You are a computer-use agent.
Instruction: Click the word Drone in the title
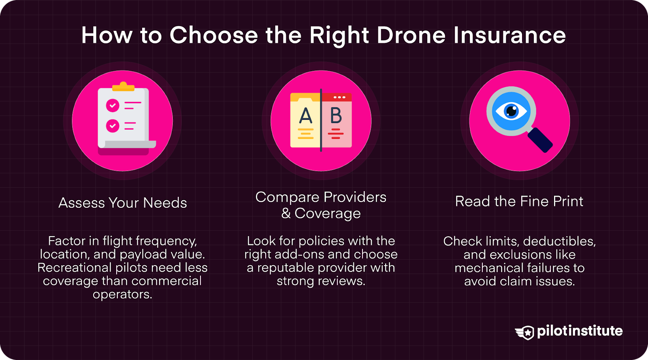(411, 35)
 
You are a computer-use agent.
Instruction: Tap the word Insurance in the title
(509, 35)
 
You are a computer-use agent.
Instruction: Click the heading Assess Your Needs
(123, 202)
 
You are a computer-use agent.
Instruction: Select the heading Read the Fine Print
(519, 201)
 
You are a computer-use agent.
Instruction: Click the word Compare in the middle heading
(287, 197)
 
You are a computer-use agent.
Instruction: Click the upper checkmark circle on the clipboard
(113, 106)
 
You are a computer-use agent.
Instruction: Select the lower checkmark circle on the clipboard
(113, 126)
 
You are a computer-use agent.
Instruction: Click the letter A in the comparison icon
(306, 116)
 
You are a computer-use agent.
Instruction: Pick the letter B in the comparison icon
(336, 116)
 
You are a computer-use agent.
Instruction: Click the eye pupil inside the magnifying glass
(512, 111)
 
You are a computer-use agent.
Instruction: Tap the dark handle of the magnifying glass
(540, 140)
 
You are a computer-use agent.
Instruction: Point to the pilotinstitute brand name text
(580, 331)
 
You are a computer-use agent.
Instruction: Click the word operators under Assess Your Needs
(122, 294)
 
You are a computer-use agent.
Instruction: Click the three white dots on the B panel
(339, 98)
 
